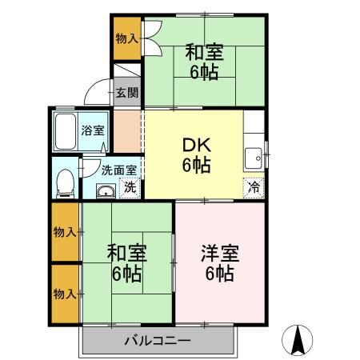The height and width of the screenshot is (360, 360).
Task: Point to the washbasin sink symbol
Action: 104,190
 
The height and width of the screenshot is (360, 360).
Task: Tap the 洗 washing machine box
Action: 130,189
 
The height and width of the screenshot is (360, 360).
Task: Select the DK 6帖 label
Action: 195,155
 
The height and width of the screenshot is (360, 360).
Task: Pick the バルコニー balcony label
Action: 157,341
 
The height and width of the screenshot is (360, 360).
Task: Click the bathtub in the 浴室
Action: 65,132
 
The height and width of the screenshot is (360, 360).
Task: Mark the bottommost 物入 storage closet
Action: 66,293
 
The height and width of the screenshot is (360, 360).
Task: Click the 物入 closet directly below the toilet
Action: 66,232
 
